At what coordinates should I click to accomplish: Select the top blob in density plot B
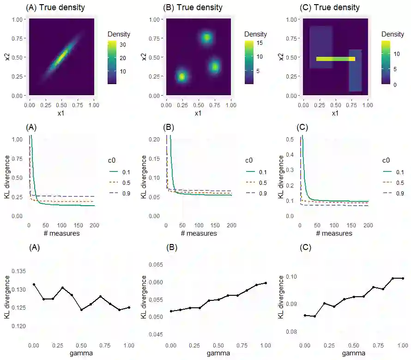point(206,37)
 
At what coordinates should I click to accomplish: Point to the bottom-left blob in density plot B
point(182,77)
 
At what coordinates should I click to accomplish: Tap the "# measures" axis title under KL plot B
point(199,233)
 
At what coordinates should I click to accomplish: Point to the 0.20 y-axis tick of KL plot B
point(157,139)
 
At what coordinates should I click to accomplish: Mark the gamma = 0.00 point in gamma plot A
point(34,284)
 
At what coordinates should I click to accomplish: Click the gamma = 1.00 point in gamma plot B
point(266,283)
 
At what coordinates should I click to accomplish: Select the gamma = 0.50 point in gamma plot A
point(81,310)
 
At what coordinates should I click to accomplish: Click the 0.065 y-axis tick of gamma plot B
point(155,265)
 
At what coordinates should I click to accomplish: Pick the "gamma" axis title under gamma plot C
point(354,353)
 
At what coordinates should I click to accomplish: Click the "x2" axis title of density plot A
point(8,57)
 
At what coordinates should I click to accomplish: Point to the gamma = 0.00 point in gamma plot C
point(305,315)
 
